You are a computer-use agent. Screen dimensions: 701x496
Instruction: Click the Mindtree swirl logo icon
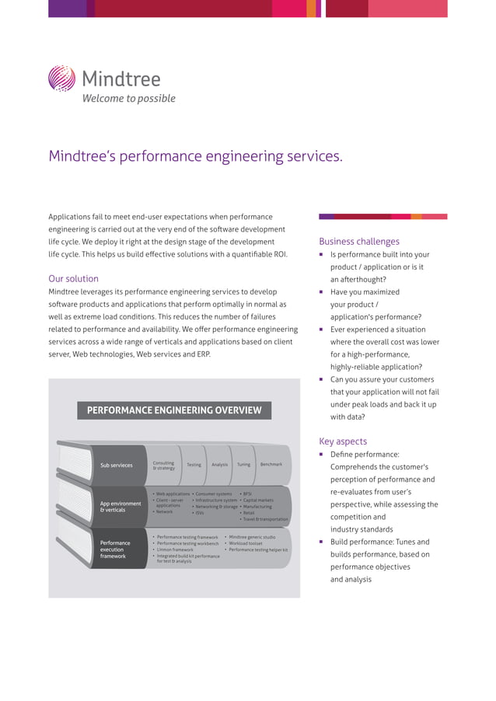point(61,78)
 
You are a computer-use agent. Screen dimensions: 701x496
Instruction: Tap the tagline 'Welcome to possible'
point(129,99)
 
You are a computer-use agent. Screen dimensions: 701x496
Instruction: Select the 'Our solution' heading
point(73,278)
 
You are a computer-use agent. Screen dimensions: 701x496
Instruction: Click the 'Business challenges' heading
point(359,241)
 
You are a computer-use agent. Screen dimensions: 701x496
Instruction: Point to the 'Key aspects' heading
point(343,441)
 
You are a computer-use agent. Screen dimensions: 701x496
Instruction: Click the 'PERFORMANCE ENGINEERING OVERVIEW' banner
point(174,410)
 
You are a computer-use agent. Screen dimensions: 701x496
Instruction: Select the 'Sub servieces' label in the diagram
point(117,466)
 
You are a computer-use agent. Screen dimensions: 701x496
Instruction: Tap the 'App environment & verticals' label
point(121,507)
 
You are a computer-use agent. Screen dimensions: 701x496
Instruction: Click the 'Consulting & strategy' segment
point(164,466)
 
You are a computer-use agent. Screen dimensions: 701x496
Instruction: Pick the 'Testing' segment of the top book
point(194,465)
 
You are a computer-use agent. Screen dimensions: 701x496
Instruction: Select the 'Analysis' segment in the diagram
point(219,465)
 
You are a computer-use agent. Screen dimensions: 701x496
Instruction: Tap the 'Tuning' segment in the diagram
point(243,465)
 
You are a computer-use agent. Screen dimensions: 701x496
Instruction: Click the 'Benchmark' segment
point(271,464)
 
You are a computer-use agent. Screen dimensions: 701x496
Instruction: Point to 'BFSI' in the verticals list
point(247,493)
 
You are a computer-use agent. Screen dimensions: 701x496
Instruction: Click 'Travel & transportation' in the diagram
point(265,519)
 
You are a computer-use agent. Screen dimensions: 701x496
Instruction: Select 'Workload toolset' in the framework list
point(245,543)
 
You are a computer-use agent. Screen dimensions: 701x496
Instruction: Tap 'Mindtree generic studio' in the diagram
point(252,537)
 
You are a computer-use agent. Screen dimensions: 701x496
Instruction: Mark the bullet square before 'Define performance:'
point(322,454)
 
